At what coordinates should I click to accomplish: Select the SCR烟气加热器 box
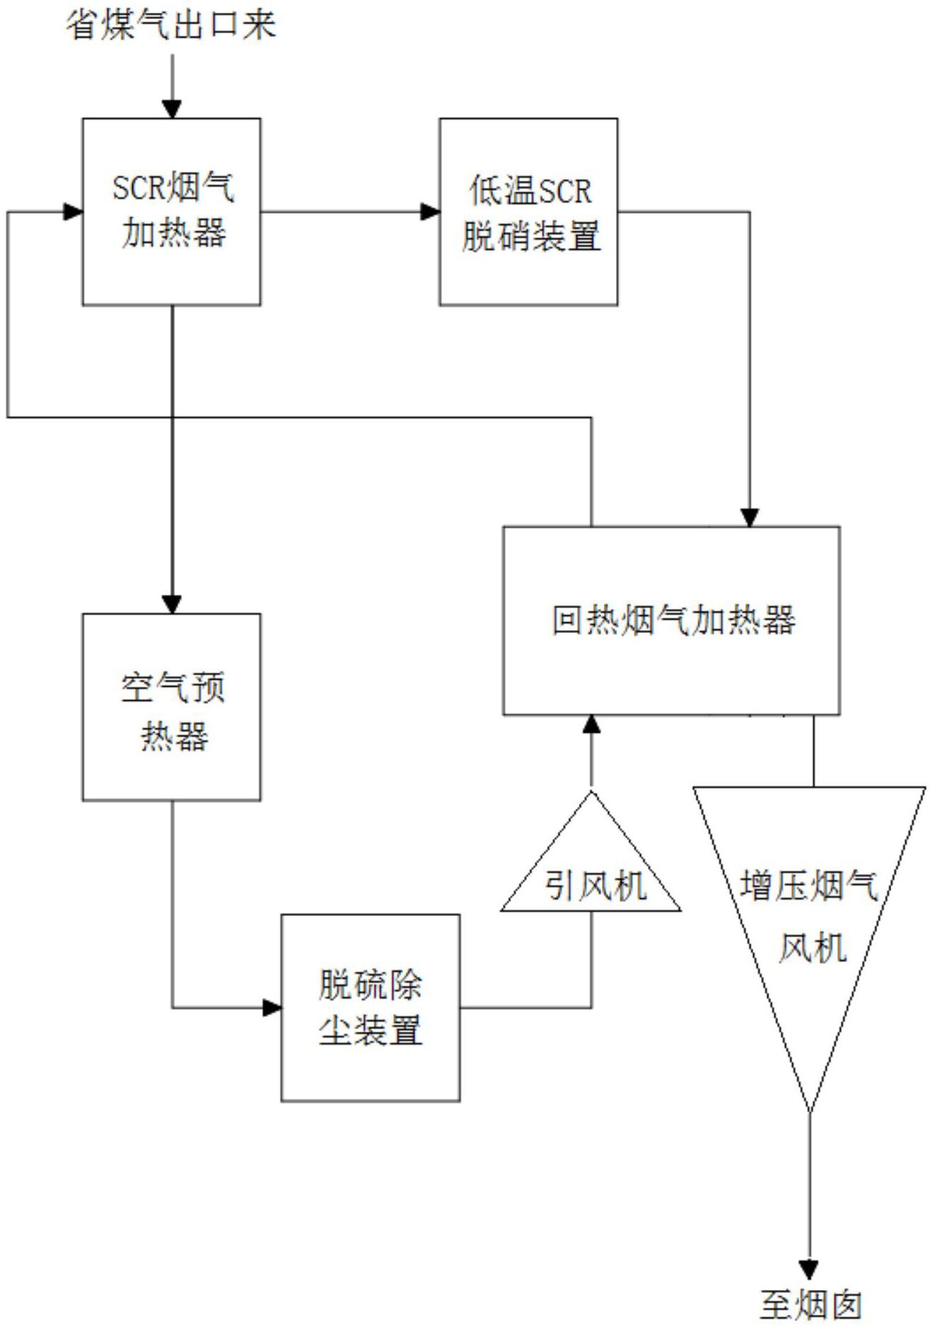(172, 212)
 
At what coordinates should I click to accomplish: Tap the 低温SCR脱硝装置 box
(528, 212)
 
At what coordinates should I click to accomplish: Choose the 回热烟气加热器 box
(671, 620)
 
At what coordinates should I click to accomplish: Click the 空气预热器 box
(172, 707)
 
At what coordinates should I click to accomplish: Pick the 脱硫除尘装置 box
(371, 1007)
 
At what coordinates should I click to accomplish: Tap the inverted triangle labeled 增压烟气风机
(810, 912)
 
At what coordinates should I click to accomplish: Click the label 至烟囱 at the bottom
(810, 1306)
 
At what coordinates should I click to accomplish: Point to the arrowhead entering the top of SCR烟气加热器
(172, 109)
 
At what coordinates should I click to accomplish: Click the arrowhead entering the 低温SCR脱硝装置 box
(430, 211)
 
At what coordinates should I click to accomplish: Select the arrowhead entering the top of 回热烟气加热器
(750, 517)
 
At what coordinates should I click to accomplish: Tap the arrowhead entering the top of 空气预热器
(172, 604)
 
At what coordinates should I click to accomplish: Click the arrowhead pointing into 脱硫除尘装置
(272, 1007)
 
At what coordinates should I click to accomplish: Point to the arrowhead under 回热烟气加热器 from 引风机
(592, 725)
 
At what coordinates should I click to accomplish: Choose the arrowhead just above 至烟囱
(809, 1269)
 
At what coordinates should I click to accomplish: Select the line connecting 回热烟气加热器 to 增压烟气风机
(813, 750)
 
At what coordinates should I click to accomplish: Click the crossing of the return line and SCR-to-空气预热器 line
(172, 417)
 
